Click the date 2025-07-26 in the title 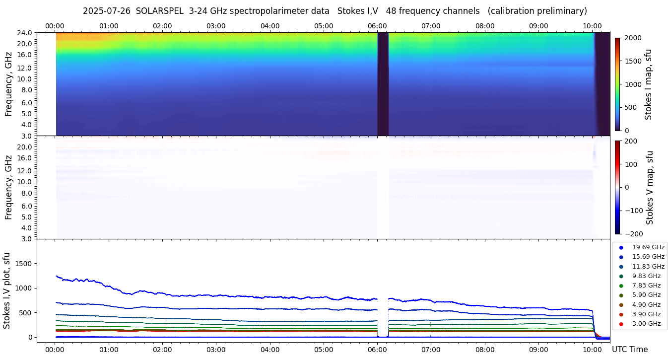coord(107,11)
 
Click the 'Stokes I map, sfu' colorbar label coord(648,84)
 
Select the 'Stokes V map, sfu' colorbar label coord(650,188)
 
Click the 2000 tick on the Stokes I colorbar coord(632,38)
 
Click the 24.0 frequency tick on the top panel coord(25,33)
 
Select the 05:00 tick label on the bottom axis coord(324,349)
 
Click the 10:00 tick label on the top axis coord(592,26)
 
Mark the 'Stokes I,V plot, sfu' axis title coord(7,290)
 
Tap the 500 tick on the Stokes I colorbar coord(630,107)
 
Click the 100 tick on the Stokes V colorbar coord(630,164)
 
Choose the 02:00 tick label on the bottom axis coord(162,349)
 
